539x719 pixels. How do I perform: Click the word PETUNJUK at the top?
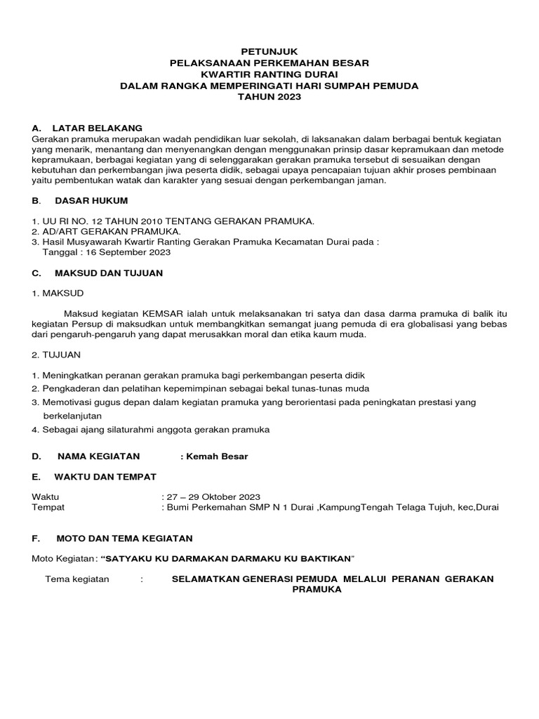point(269,51)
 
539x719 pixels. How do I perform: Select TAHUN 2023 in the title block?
point(269,97)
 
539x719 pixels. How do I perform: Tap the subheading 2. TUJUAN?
point(57,355)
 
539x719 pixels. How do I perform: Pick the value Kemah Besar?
point(216,456)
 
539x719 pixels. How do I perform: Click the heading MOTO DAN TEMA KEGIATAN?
point(124,539)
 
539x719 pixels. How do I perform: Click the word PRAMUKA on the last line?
point(317,590)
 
